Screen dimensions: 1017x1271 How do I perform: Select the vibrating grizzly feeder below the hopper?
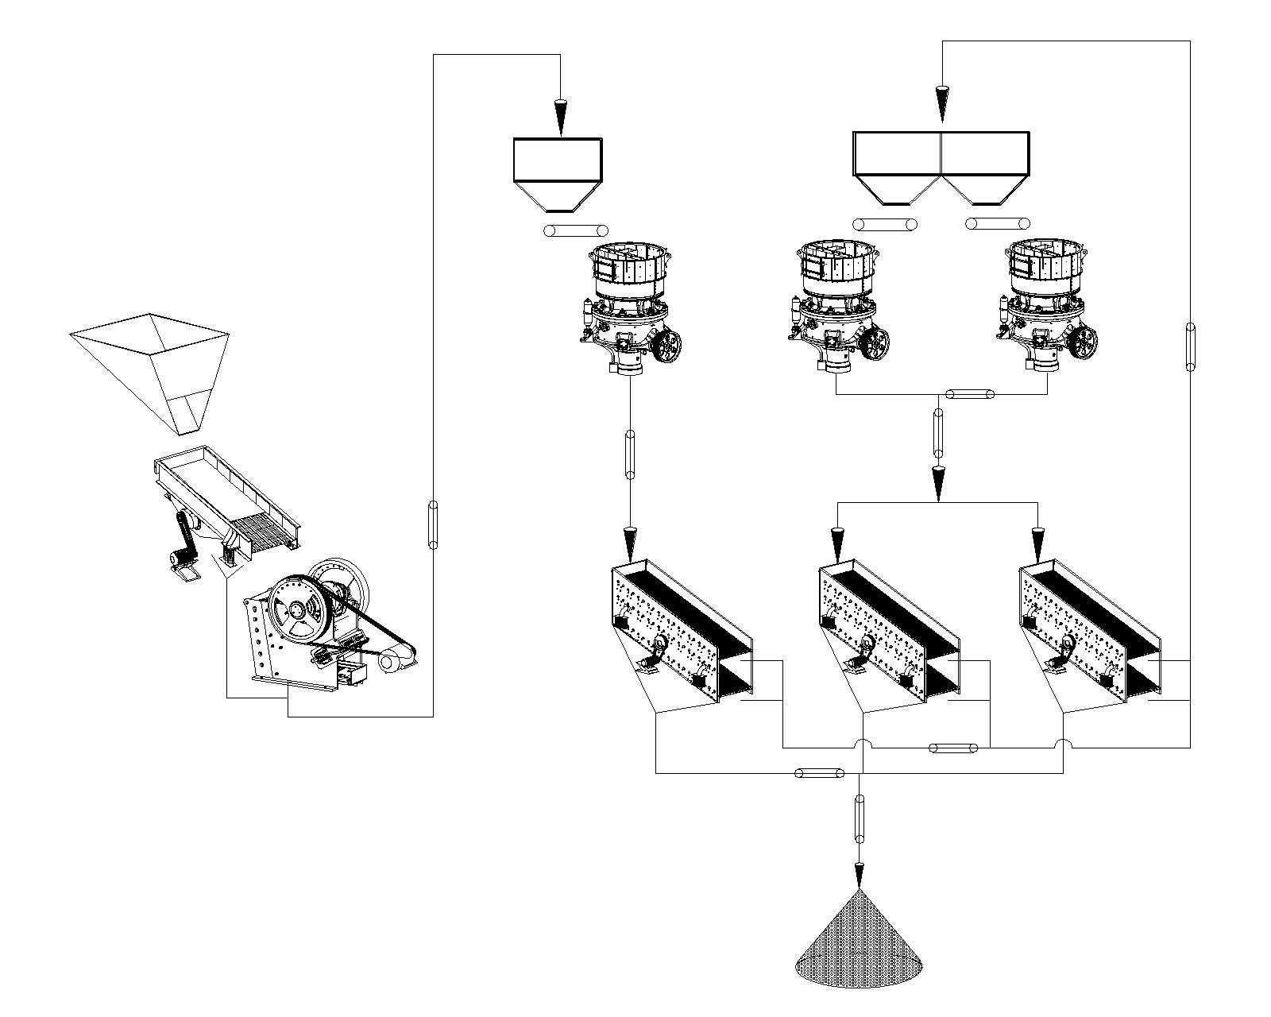pyautogui.click(x=226, y=501)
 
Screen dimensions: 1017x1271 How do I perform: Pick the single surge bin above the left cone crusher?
pyautogui.click(x=557, y=171)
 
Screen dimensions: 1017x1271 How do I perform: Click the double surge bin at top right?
pyautogui.click(x=941, y=163)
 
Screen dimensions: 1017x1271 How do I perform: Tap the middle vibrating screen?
pyautogui.click(x=888, y=628)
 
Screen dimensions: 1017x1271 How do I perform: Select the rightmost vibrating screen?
pyautogui.click(x=1092, y=628)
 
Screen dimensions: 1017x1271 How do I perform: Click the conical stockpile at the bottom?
pyautogui.click(x=858, y=942)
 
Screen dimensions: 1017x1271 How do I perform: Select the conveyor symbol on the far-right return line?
pyautogui.click(x=1190, y=346)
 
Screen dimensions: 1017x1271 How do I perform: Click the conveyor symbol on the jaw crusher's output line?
pyautogui.click(x=433, y=524)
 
